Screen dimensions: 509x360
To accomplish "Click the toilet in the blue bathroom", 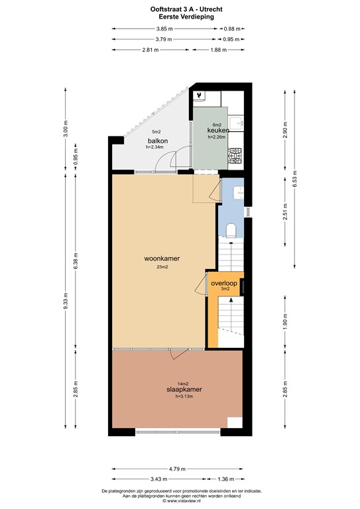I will (x=231, y=230).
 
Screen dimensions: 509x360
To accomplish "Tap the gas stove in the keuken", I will (x=235, y=157).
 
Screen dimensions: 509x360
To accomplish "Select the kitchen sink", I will (x=237, y=124).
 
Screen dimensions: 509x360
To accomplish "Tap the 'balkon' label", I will (x=157, y=141).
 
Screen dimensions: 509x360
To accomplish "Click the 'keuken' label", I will (x=217, y=131).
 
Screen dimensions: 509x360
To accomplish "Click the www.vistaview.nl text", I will (x=180, y=502).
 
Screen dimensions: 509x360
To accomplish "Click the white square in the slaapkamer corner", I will (x=235, y=422).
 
